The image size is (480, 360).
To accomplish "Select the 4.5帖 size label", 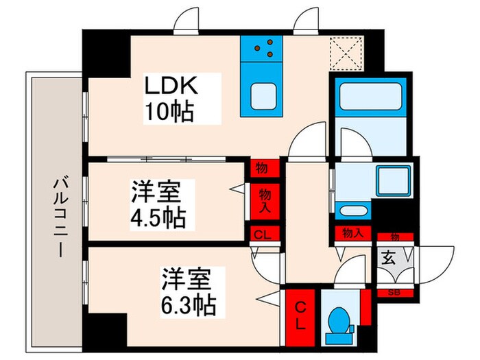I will [158, 218].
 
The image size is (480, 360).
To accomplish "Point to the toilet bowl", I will [338, 323].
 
